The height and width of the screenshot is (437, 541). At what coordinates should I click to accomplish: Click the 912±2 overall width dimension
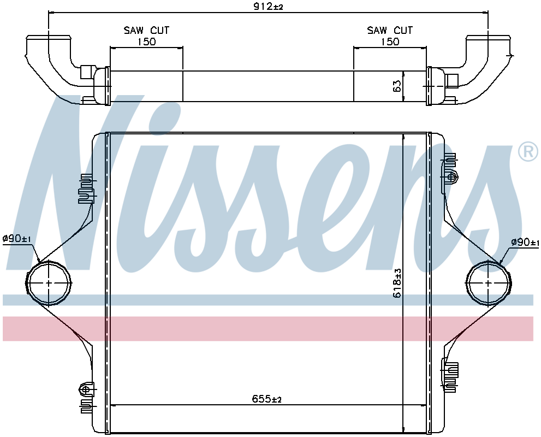(x=267, y=7)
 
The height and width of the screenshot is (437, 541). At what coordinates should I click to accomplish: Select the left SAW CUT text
(x=146, y=31)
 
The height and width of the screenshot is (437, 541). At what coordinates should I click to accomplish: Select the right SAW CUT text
(x=390, y=31)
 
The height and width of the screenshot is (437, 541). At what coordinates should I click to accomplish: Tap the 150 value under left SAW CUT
(x=146, y=42)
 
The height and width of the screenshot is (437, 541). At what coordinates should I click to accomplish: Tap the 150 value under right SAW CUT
(x=390, y=42)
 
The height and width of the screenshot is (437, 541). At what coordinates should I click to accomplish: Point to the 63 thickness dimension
(x=397, y=86)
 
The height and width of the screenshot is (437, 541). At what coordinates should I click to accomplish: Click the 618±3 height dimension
(x=397, y=282)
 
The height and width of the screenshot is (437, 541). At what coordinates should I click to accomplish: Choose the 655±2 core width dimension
(x=267, y=399)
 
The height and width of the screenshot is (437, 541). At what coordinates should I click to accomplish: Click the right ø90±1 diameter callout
(x=525, y=243)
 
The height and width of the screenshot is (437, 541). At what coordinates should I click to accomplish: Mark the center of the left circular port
(x=49, y=283)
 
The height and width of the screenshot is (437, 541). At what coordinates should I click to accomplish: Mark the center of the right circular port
(x=489, y=283)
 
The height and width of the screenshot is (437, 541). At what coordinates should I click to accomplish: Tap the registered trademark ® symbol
(x=527, y=152)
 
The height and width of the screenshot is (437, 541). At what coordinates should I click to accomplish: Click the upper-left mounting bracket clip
(x=86, y=188)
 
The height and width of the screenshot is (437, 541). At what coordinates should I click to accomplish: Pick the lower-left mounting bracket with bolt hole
(x=86, y=389)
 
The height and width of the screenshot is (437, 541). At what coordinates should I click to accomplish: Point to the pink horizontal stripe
(x=267, y=328)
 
